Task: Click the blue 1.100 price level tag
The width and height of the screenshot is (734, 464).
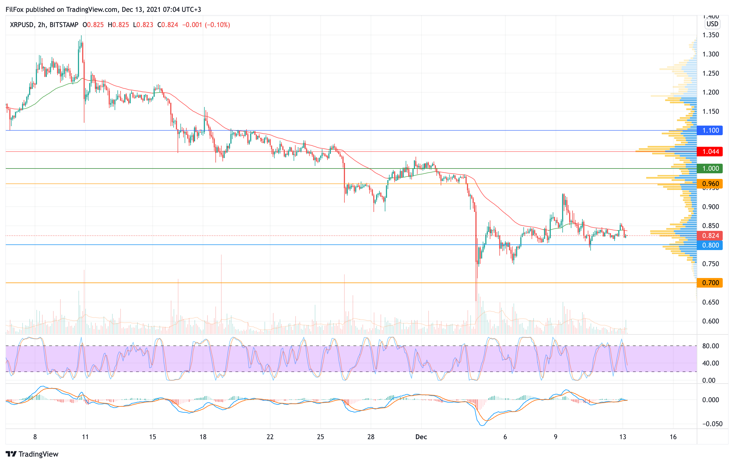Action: (x=710, y=130)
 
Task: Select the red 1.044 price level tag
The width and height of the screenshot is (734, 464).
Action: (x=710, y=151)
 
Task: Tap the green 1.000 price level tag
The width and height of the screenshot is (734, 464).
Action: (x=710, y=168)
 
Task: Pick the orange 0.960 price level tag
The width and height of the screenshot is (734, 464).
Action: (x=710, y=184)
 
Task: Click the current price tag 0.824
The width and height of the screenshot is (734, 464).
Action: (x=710, y=235)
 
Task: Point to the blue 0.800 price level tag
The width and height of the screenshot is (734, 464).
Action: (x=710, y=245)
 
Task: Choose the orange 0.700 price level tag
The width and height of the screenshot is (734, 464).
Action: (x=710, y=283)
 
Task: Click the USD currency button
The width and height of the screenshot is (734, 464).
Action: (x=712, y=24)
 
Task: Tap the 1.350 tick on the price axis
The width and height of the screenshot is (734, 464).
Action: (x=711, y=35)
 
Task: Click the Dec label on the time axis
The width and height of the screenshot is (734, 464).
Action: (x=421, y=437)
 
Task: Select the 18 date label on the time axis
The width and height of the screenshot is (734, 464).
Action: (x=203, y=437)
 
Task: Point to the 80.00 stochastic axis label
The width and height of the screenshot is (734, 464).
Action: (x=711, y=346)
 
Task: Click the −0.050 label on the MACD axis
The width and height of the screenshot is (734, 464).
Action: (x=712, y=424)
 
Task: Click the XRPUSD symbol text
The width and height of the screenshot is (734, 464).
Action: (x=22, y=25)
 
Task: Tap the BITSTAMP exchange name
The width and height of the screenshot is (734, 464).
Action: (x=64, y=25)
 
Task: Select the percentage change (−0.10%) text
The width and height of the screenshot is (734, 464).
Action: (x=217, y=25)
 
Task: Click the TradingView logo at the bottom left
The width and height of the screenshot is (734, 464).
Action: (x=32, y=454)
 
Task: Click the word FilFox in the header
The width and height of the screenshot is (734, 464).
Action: (x=15, y=9)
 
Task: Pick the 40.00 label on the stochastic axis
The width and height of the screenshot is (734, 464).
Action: (x=711, y=363)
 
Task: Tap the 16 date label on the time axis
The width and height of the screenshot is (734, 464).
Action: (x=673, y=437)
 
